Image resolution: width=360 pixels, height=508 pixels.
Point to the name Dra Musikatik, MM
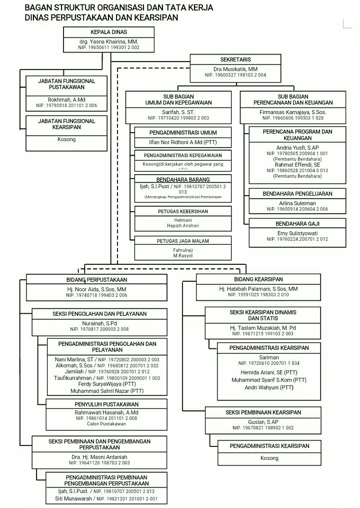(235, 69)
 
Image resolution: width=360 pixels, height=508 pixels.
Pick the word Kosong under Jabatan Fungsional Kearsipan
(66, 139)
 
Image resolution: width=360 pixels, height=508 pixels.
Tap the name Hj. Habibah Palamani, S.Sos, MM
(258, 289)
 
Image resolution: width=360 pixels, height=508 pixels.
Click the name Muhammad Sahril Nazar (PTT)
(107, 390)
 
